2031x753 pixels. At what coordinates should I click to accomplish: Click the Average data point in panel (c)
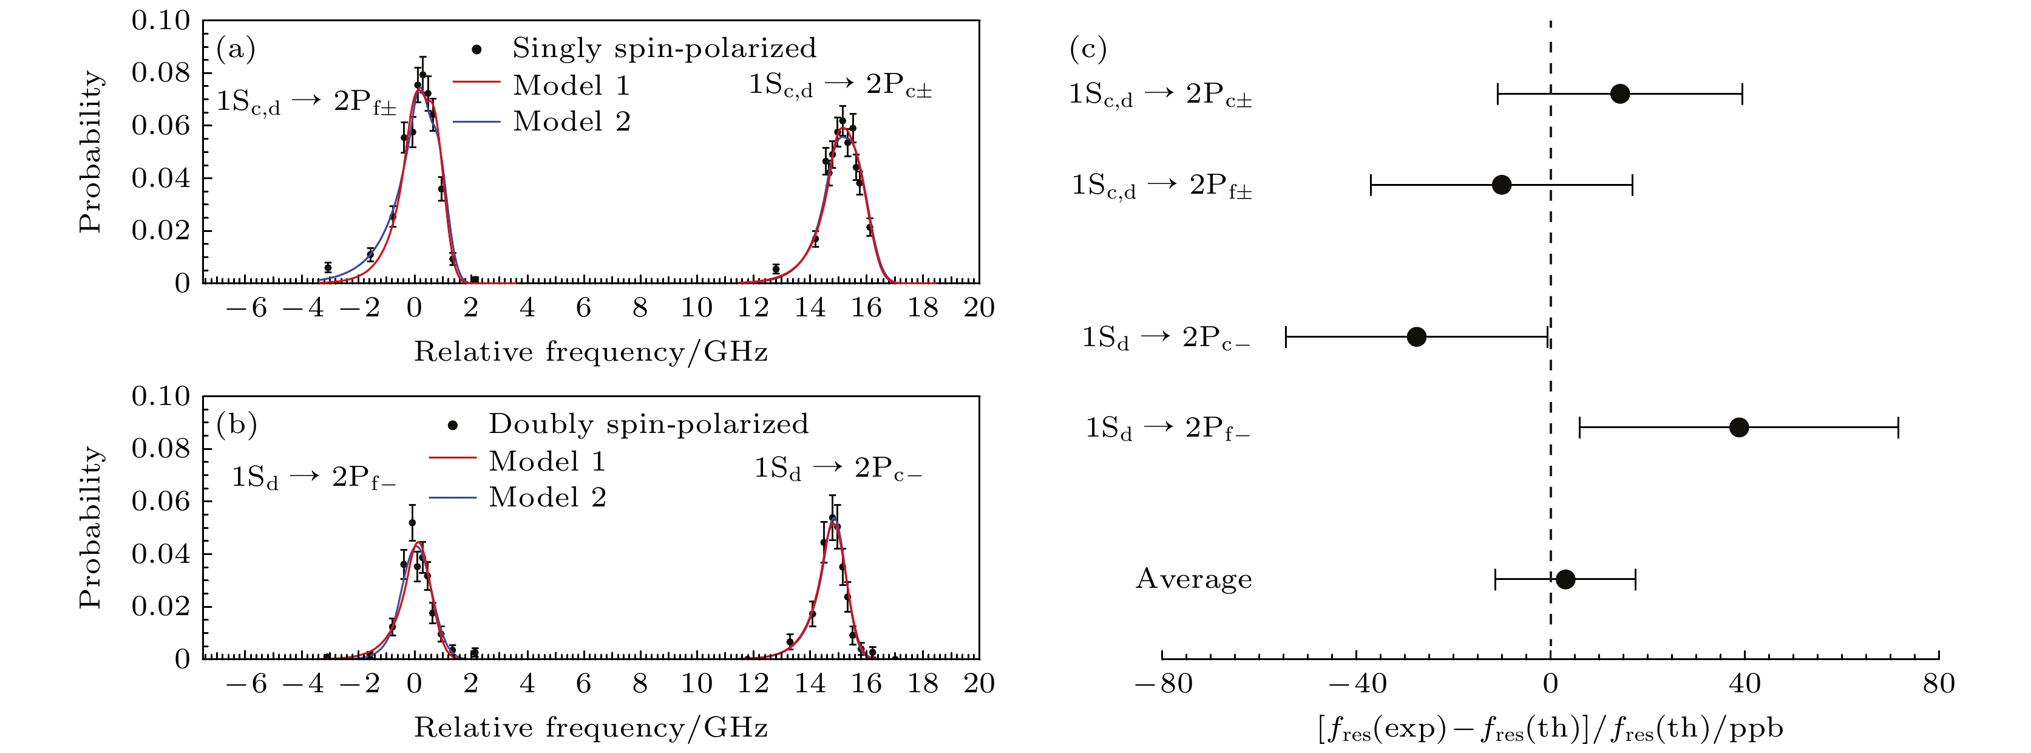pos(1565,579)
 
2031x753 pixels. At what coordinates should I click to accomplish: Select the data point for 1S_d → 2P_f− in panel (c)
pos(1738,428)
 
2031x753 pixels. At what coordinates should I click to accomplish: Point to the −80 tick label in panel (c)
pos(1163,684)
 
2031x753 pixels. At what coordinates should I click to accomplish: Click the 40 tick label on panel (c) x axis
pos(1744,684)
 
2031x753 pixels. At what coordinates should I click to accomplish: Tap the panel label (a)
pos(236,49)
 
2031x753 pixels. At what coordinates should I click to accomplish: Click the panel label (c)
pos(1088,49)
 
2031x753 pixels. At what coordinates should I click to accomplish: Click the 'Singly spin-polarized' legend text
pos(664,48)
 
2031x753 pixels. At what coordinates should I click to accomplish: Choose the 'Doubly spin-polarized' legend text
pos(648,424)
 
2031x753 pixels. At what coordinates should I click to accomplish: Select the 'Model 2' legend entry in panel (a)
pos(572,121)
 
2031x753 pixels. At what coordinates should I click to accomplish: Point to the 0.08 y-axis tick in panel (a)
pos(161,72)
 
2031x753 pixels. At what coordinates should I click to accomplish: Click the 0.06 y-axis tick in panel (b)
pos(161,502)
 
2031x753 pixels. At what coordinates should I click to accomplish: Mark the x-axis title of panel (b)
pos(591,727)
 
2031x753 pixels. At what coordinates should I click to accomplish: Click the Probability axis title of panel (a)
pos(90,151)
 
